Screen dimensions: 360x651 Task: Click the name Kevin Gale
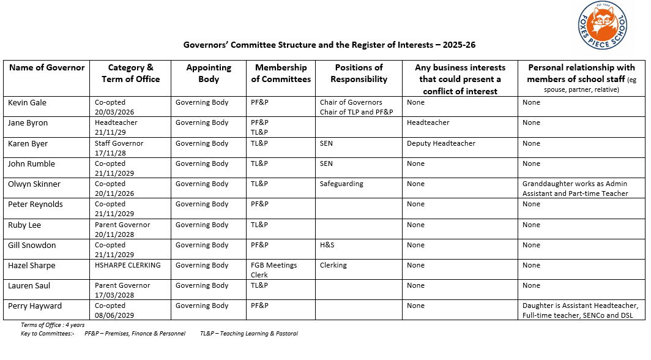[27, 102]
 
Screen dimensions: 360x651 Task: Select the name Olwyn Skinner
[34, 184]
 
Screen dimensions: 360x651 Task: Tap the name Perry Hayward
[35, 306]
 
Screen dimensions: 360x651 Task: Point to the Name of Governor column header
[47, 67]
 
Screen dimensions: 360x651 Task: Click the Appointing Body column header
[209, 73]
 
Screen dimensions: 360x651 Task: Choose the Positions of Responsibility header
[359, 73]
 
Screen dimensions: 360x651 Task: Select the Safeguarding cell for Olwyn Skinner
[341, 184]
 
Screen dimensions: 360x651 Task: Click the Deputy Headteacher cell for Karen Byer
[441, 143]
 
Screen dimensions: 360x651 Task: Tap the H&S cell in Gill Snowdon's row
[327, 245]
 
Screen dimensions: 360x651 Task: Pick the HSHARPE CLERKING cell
[127, 265]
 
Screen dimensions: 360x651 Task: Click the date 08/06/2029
[114, 315]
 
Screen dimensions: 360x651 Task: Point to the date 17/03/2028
[114, 295]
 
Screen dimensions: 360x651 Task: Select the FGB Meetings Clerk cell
[273, 270]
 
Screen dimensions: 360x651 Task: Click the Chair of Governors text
[351, 102]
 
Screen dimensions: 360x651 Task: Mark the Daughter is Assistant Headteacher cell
[580, 310]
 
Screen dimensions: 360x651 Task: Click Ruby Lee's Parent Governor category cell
[122, 225]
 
